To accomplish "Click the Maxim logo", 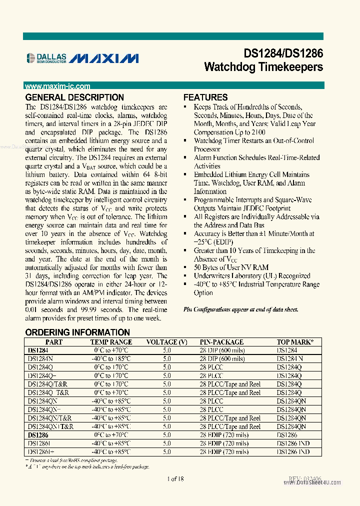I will (x=104, y=58).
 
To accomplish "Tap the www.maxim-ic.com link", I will (x=57, y=86).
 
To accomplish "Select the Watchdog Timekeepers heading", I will (x=263, y=67).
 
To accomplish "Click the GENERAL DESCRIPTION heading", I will (x=74, y=97).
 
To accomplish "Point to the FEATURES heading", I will (x=205, y=97).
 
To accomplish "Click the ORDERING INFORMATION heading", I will (x=77, y=332).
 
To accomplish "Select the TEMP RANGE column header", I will (x=111, y=342).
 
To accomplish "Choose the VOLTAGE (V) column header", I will (x=166, y=342).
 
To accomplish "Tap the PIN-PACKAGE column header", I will (x=221, y=342).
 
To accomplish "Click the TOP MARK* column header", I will (x=295, y=342).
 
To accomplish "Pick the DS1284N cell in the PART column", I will (x=40, y=359).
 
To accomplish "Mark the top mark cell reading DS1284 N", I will (x=290, y=359).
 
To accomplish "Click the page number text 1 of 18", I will (x=175, y=478).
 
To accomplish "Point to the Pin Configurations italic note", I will (x=241, y=309).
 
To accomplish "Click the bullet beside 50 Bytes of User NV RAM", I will (x=186, y=267).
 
